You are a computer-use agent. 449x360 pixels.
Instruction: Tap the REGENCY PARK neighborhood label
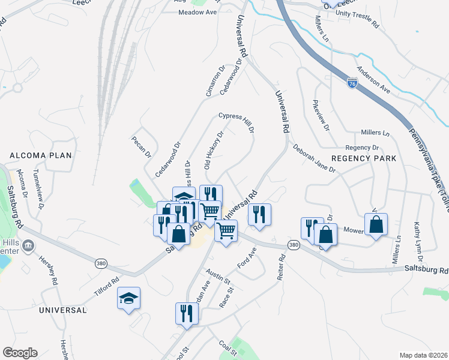point(364,158)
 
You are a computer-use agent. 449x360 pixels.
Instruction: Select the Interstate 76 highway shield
point(352,83)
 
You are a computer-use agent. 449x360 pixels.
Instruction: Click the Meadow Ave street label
point(196,12)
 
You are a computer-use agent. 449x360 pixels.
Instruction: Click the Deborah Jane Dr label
point(313,158)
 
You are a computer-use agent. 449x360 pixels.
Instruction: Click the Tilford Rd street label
point(106,281)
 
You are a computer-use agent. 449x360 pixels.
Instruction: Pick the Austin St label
point(218,277)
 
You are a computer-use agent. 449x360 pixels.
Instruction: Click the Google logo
point(20,353)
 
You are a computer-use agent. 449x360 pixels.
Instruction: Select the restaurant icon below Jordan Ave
point(187,313)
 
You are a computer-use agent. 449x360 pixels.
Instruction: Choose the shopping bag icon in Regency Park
point(376,224)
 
